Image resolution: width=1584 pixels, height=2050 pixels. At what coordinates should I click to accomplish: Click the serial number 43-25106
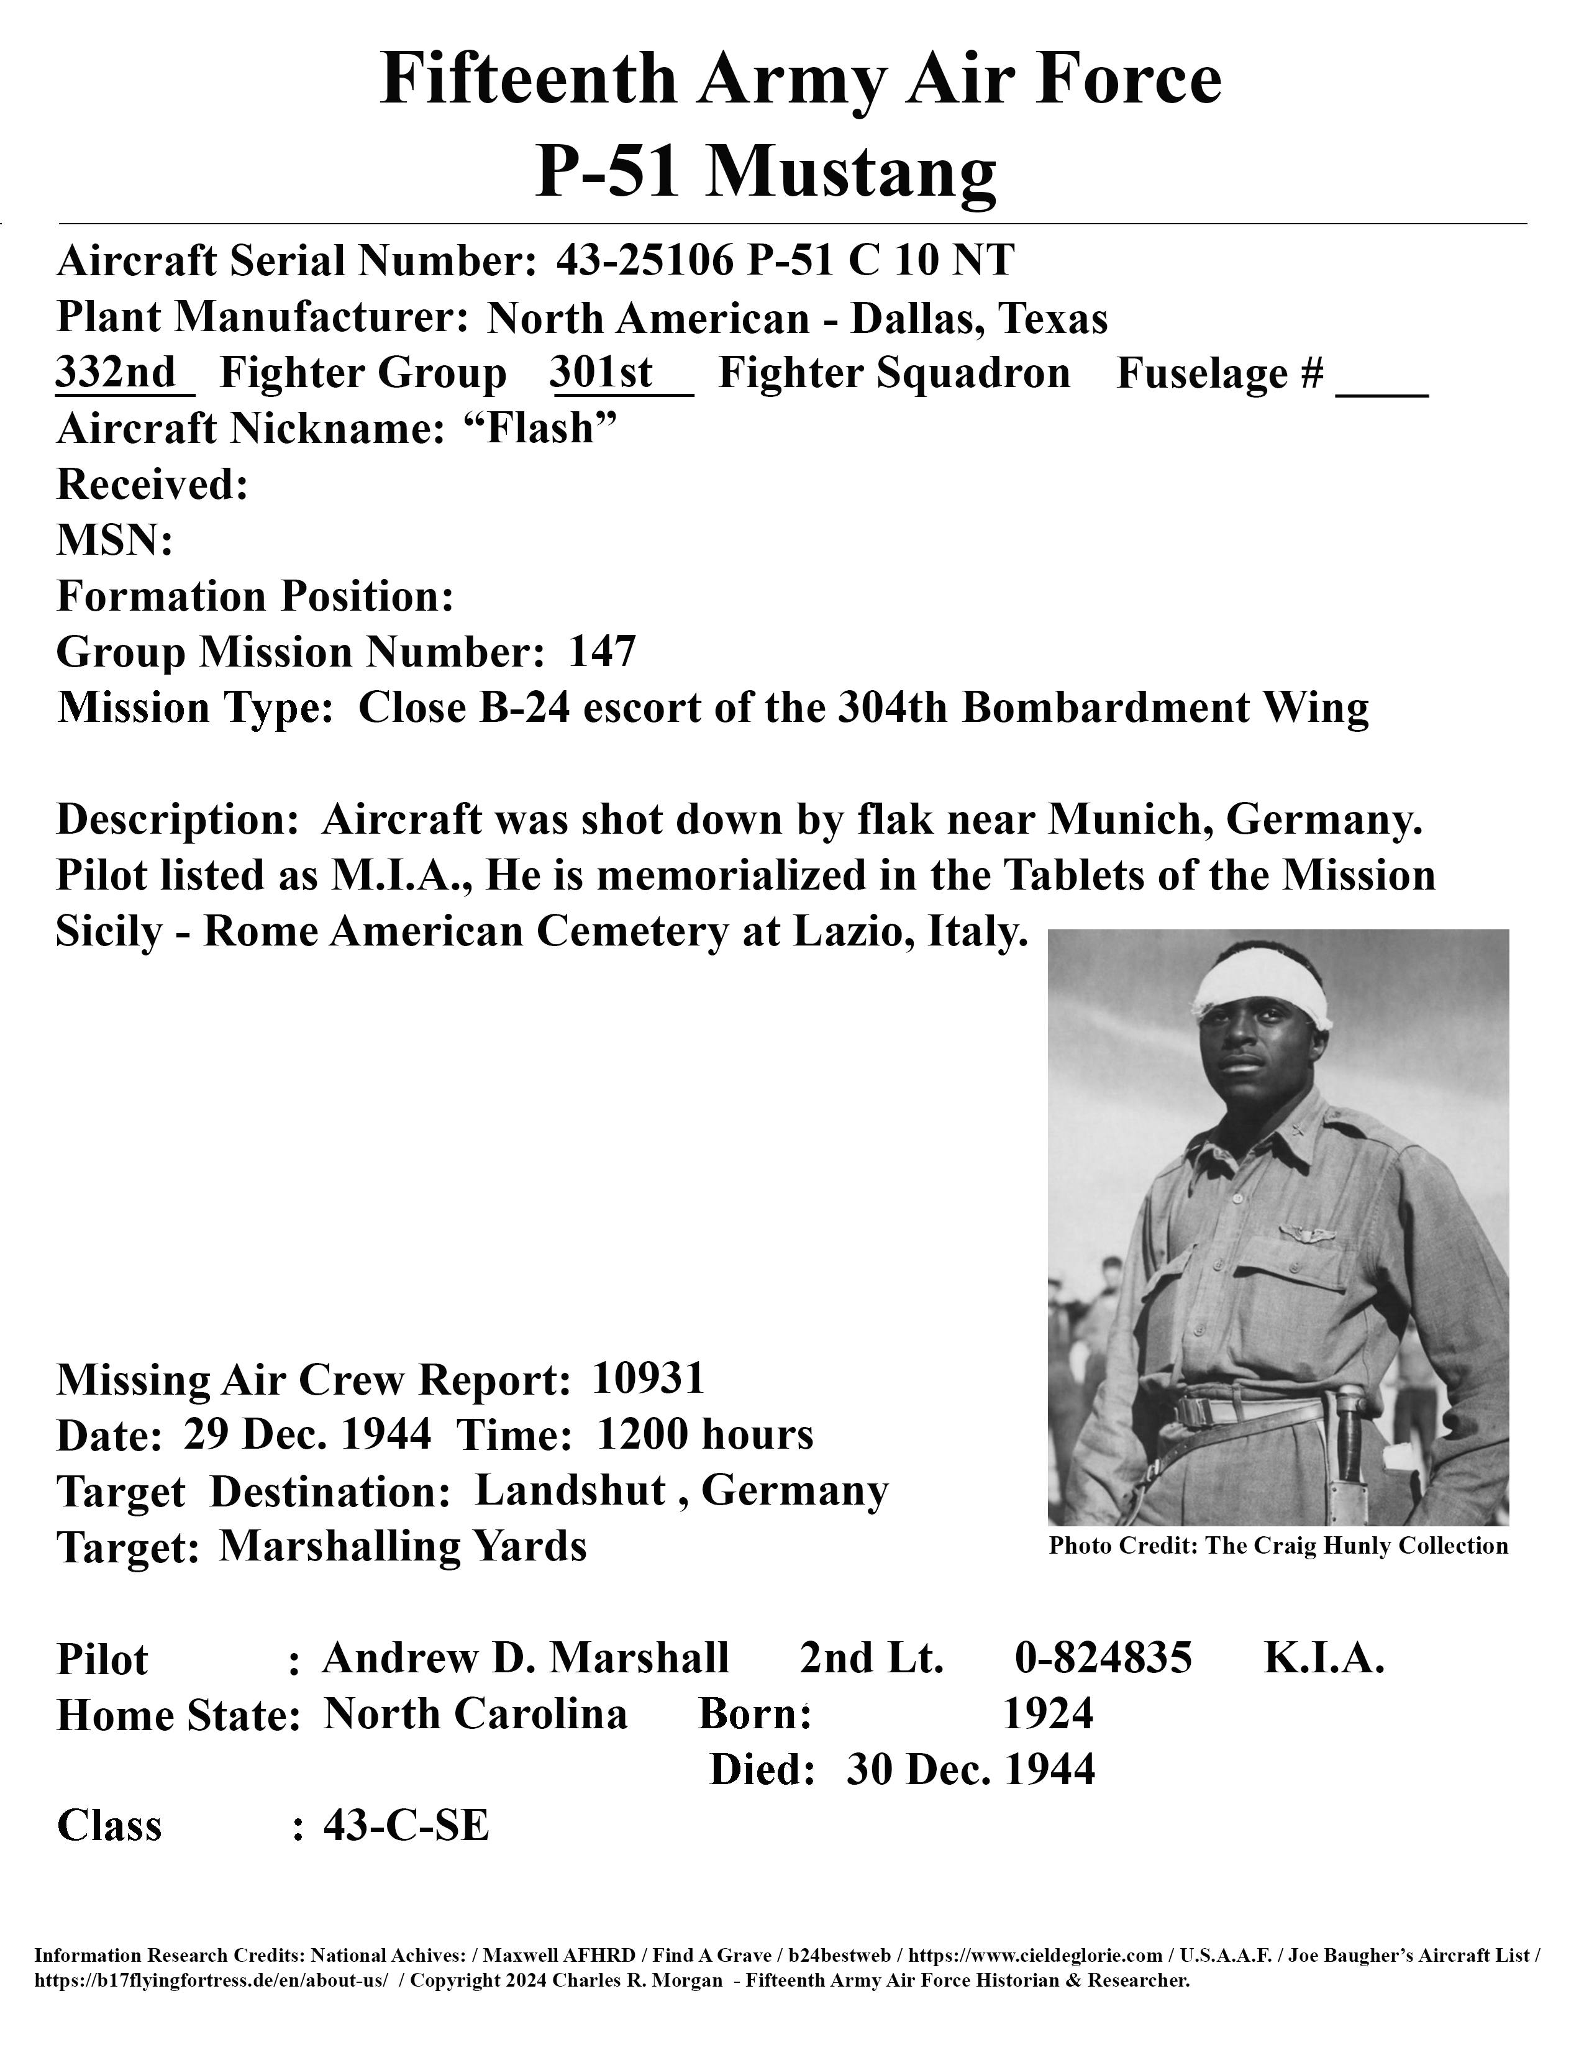point(644,260)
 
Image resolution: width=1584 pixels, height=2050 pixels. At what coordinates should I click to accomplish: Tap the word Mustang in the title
point(850,172)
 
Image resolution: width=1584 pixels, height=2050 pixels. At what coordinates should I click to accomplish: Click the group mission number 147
point(603,650)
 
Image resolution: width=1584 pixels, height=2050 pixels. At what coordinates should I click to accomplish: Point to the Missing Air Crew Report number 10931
point(649,1378)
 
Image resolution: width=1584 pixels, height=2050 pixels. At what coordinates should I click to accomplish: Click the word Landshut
point(570,1490)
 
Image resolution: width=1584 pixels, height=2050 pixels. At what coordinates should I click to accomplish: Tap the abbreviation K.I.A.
point(1324,1657)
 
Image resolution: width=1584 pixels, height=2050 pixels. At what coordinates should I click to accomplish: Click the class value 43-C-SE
point(406,1824)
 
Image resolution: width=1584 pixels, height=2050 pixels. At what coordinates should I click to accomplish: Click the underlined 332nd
point(116,373)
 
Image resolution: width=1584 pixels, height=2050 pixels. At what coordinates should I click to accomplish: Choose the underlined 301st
point(601,373)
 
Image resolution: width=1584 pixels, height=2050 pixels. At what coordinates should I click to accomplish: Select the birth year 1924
point(1048,1714)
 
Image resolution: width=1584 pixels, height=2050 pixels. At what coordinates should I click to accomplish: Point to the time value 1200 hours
point(705,1434)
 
